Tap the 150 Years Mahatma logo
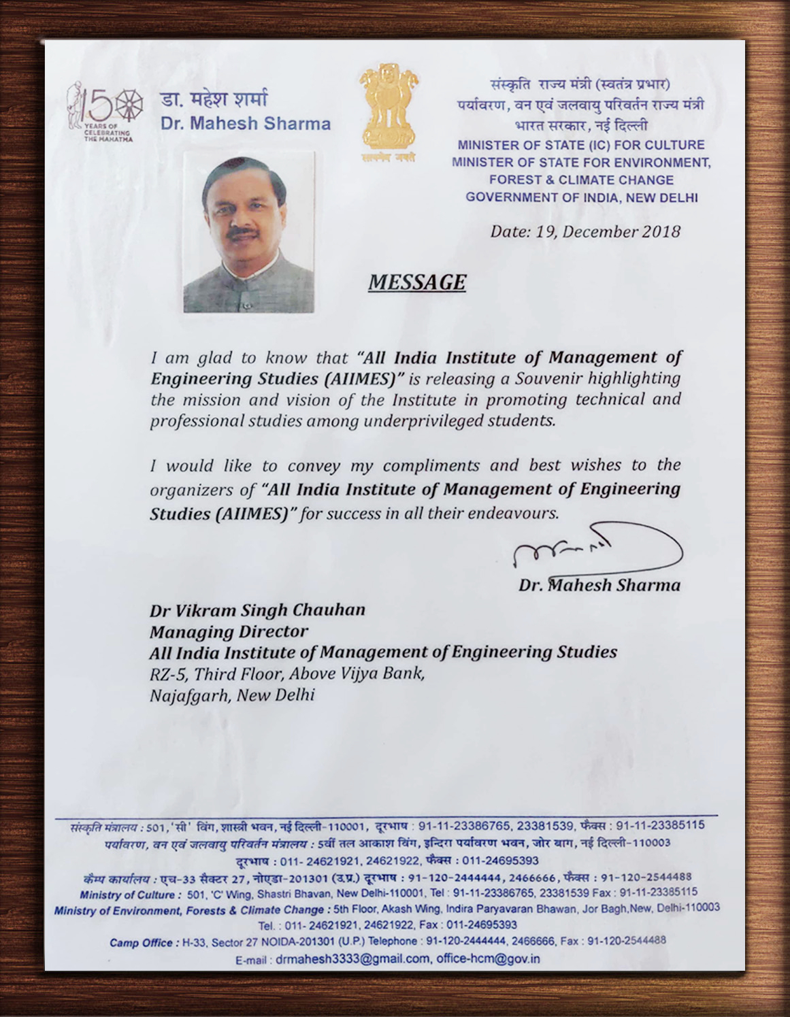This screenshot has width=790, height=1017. (101, 112)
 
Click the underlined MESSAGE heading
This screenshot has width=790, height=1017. (416, 282)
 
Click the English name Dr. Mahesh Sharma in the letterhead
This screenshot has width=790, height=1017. (246, 124)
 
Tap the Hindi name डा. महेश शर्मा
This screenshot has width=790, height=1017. (214, 99)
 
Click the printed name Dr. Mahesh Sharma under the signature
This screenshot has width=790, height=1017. (599, 585)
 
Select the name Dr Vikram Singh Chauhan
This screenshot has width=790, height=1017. (257, 610)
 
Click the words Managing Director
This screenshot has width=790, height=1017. (229, 631)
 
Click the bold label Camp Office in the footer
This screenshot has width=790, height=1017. (142, 942)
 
